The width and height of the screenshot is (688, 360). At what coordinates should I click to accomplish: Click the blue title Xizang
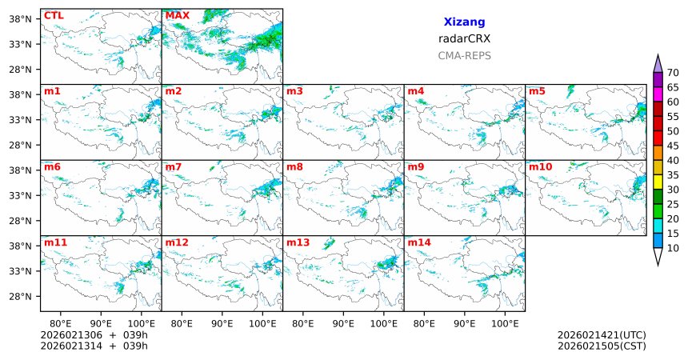click(x=464, y=22)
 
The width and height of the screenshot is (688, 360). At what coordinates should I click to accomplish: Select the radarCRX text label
click(x=464, y=38)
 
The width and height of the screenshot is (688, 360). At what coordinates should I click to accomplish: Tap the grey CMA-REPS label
click(x=464, y=56)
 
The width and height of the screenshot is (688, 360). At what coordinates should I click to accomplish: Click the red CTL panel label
click(x=54, y=15)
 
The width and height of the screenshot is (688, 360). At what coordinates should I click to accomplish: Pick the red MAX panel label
click(x=177, y=15)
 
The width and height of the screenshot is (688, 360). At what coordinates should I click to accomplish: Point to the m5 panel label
click(x=537, y=90)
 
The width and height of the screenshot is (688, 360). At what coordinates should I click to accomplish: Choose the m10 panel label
click(x=540, y=166)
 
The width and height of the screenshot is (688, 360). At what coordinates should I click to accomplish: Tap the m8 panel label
click(x=294, y=166)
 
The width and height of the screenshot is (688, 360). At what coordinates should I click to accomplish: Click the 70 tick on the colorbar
click(x=673, y=72)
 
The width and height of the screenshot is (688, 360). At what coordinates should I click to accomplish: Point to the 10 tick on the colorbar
click(x=673, y=249)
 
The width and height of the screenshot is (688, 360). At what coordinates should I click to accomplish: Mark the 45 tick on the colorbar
click(x=673, y=146)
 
